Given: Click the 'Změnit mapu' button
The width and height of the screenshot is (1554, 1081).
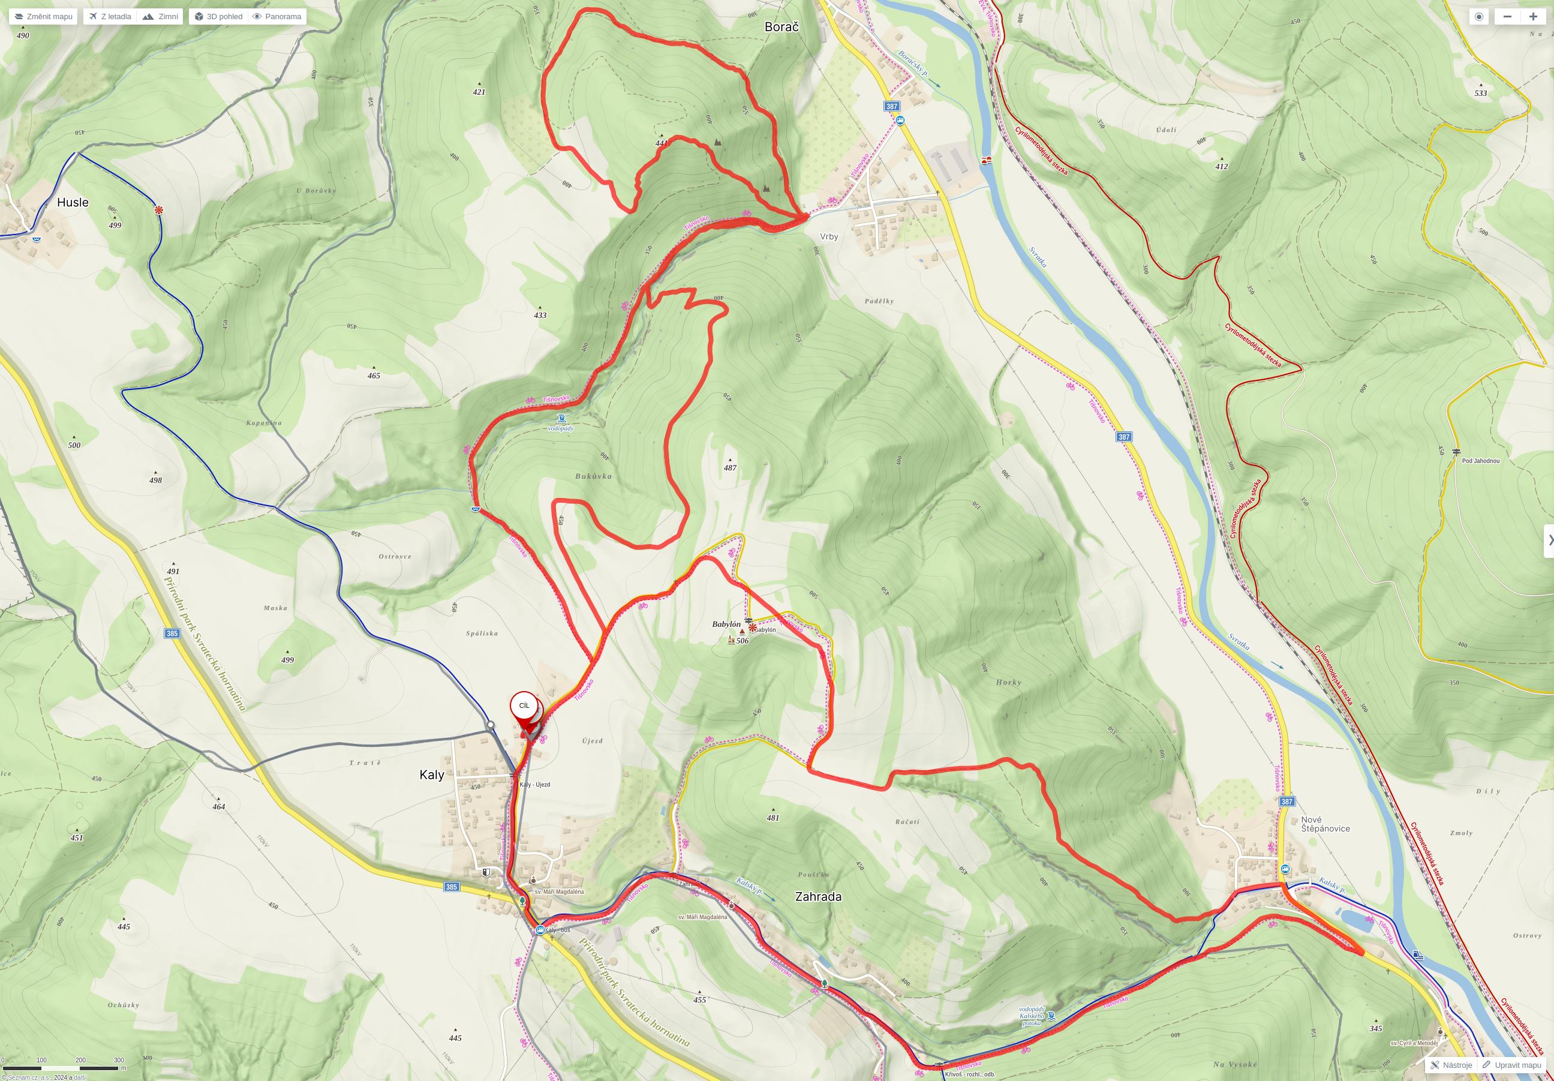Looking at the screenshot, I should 43,16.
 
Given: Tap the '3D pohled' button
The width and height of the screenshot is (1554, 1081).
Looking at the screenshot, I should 219,16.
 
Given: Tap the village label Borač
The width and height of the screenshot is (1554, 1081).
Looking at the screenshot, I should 781,27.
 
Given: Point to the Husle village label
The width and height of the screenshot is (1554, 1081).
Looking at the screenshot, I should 73,202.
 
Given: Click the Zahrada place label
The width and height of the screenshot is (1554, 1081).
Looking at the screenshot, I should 817,896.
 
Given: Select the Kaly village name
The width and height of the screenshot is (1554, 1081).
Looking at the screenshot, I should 431,774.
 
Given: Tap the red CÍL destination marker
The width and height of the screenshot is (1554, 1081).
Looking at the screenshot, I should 524,707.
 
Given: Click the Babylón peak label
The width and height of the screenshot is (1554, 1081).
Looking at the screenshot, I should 726,624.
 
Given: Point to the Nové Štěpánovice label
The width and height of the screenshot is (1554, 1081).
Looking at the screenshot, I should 1324,824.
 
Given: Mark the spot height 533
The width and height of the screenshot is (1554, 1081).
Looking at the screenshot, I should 1480,94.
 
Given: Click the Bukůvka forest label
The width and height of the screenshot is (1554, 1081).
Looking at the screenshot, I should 593,476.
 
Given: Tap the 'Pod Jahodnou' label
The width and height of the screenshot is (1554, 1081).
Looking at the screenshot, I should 1480,461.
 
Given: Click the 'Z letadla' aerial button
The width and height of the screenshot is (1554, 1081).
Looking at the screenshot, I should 110,16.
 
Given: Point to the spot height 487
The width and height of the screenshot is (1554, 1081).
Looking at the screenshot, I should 730,468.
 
